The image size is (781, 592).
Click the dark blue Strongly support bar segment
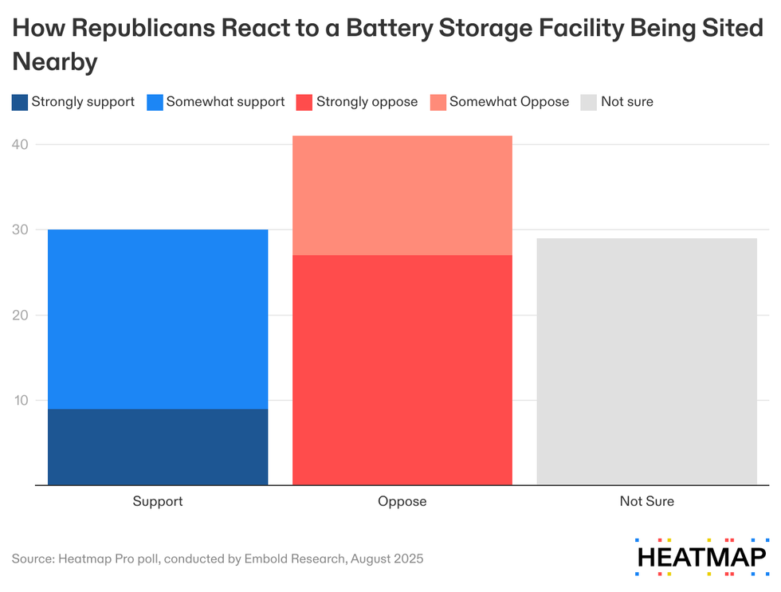tap(158, 446)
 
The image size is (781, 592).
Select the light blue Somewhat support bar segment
tap(158, 319)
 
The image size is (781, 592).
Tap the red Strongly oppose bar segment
tap(402, 370)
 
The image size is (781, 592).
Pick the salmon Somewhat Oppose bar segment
tap(402, 195)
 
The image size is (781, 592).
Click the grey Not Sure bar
tap(646, 361)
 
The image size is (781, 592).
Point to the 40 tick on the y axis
tap(20, 144)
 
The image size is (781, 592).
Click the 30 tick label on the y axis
tap(20, 229)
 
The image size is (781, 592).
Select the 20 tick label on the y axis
tap(20, 315)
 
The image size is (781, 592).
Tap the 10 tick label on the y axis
tap(20, 400)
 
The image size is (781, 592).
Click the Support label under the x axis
tap(158, 501)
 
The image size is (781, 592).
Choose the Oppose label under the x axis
tap(402, 501)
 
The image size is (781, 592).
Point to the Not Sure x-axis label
tap(646, 501)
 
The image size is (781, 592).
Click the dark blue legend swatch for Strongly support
tap(19, 102)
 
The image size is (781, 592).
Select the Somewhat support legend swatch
tap(155, 102)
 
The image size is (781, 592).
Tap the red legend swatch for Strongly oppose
tap(304, 102)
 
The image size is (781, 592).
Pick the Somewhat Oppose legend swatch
tap(437, 102)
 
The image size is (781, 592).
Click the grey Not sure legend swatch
tap(588, 102)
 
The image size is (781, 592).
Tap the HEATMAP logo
tap(701, 555)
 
